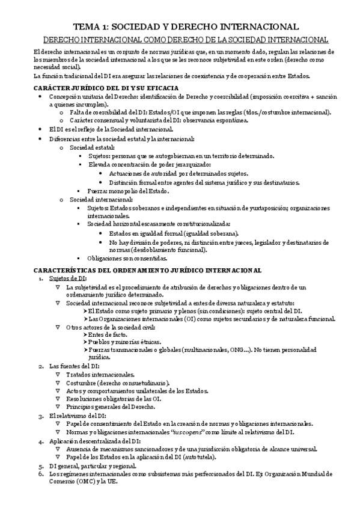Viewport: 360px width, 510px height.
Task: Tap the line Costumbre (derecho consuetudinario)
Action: point(117,382)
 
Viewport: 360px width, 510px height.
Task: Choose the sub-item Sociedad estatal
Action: point(91,147)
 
